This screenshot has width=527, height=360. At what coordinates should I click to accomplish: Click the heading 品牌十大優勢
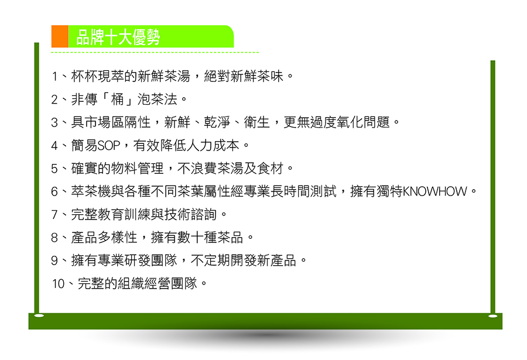point(118,37)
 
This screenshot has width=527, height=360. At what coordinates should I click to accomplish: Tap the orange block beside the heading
point(60,36)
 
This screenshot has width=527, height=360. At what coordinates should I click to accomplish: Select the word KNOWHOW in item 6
point(434,191)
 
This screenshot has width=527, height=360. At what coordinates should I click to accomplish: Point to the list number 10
point(58,284)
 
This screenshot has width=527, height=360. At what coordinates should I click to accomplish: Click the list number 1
point(55,77)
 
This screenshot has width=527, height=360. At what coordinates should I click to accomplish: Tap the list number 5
point(54,169)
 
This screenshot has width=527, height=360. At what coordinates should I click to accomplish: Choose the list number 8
point(54,238)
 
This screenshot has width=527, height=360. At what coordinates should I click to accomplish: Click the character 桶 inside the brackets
point(118,99)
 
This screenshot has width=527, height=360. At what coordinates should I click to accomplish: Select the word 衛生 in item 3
point(257,122)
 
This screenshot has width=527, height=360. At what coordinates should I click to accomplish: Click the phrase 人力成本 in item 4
point(213,146)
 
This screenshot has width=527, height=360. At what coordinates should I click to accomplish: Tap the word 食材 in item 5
point(270,169)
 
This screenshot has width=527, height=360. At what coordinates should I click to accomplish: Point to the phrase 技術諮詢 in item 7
point(190,214)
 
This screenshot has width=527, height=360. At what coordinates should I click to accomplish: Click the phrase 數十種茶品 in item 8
point(210,238)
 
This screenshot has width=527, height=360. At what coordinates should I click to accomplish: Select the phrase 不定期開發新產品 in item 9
point(244,260)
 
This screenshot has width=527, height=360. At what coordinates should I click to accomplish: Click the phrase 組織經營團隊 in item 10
point(158,284)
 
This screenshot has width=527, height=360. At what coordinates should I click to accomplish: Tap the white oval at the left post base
point(39,316)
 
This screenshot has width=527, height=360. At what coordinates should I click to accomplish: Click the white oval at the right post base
point(492,316)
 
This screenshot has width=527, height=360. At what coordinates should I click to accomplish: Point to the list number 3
point(54,123)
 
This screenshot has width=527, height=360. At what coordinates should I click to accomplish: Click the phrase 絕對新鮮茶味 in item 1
point(244,76)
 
